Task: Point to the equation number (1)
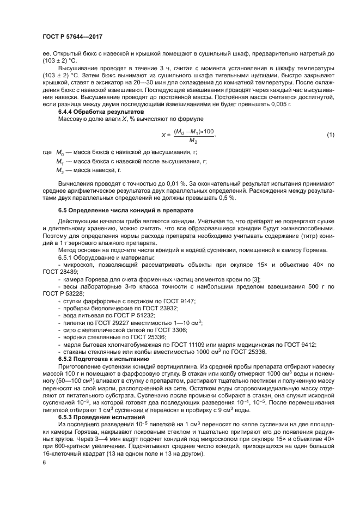pos(330,134)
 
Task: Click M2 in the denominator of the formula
pos(193,140)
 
